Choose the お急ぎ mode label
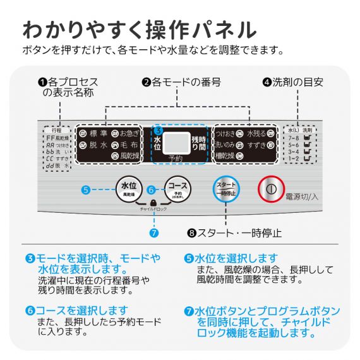[131, 133]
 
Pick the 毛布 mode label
[130, 144]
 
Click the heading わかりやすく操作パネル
[139, 30]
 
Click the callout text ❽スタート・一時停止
[234, 232]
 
